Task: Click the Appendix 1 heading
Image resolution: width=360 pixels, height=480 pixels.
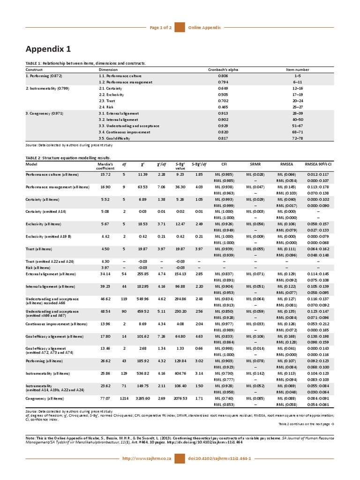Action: click(48, 50)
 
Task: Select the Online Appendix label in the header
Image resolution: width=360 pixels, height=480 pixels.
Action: click(204, 28)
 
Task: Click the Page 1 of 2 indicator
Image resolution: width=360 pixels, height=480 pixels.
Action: click(161, 28)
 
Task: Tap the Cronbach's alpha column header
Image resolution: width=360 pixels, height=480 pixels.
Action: click(223, 69)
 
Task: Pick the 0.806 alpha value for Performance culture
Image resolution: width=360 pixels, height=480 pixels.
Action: click(223, 75)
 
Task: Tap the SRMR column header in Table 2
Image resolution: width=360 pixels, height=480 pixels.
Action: click(255, 165)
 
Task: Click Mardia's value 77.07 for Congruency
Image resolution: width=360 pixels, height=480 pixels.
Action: click(105, 398)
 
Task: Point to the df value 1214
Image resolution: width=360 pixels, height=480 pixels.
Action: click(124, 398)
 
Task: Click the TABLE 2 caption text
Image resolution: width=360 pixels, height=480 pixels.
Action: click(68, 158)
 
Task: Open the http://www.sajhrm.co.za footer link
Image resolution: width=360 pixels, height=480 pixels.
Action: click(146, 457)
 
